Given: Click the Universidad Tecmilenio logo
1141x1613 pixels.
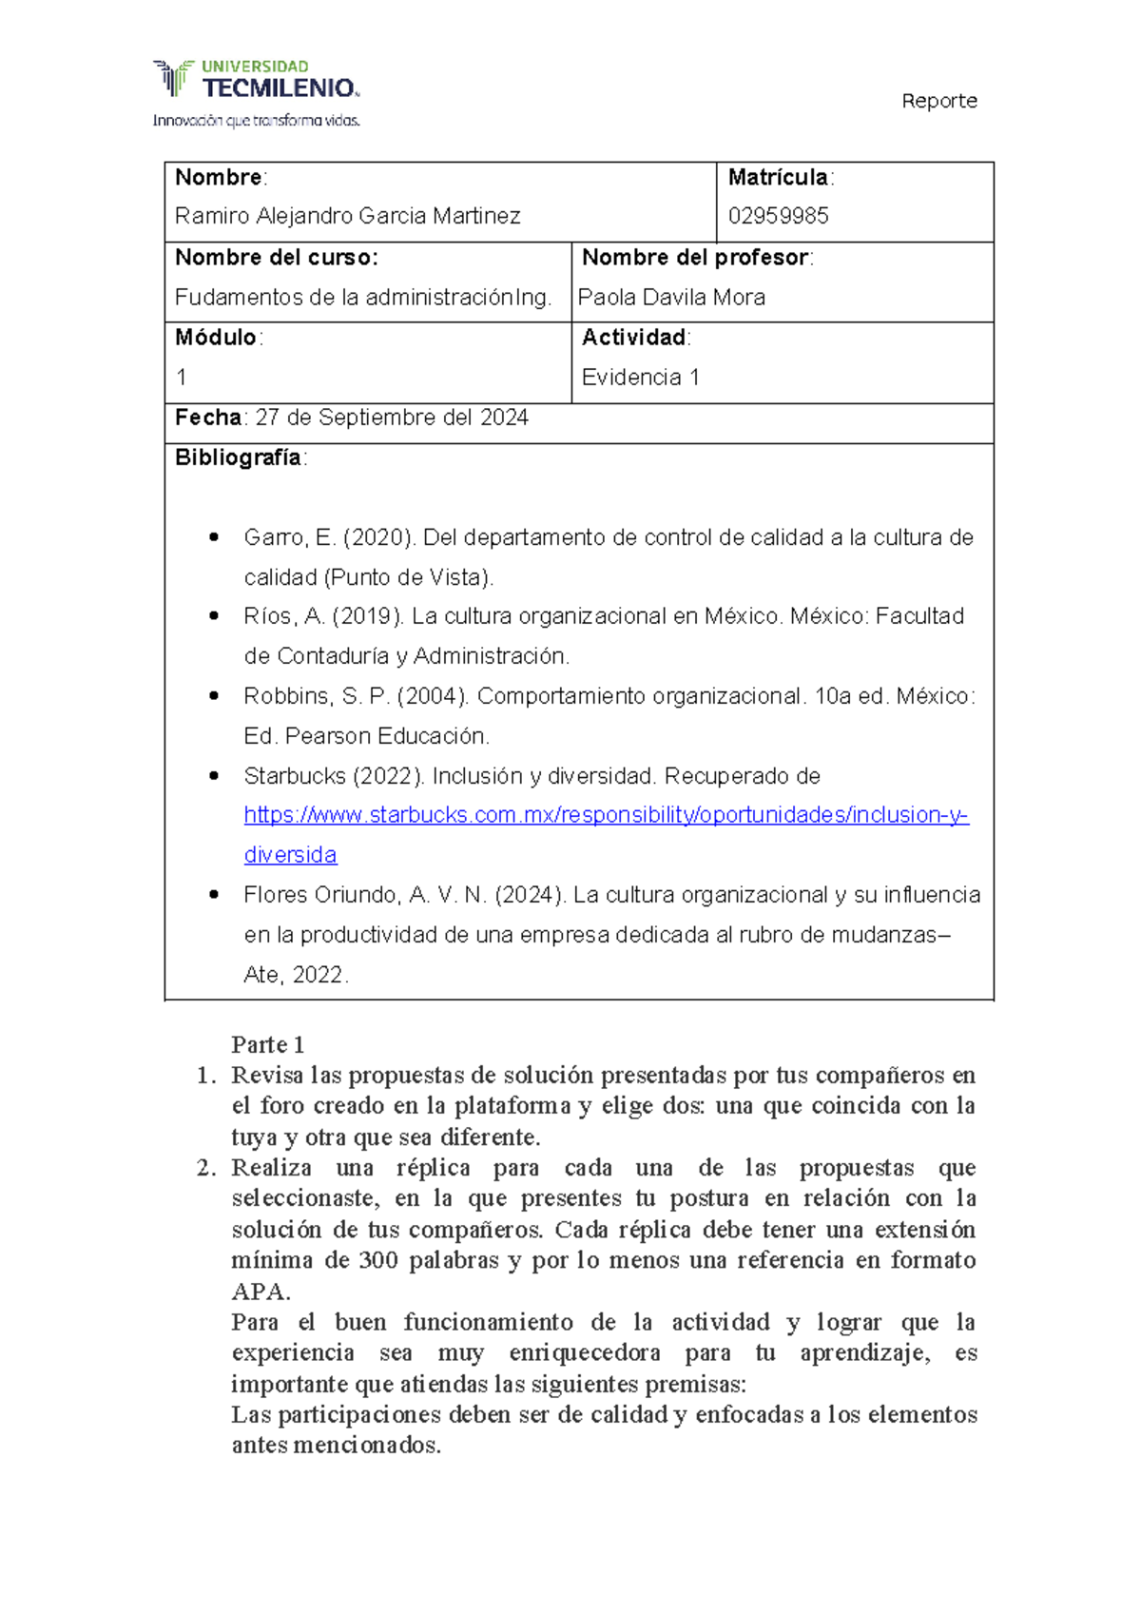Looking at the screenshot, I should pos(257,92).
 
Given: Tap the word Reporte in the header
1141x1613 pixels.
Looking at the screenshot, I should pos(938,101).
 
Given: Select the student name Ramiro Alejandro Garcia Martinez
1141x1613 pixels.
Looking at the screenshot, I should pos(347,217).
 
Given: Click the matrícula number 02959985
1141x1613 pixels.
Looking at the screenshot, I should pos(778,217).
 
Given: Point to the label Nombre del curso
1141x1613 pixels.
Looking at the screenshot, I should pos(276,258).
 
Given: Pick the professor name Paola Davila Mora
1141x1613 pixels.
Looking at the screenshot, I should pos(671,298).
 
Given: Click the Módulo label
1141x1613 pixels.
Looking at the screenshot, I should pos(216,338).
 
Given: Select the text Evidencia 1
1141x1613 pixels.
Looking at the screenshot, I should pos(640,378).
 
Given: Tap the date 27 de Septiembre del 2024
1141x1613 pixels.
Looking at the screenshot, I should pos(392,418).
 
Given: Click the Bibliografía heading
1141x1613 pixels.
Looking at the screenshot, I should pos(238,457).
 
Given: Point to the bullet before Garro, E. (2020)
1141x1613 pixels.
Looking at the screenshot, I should pos(214,537).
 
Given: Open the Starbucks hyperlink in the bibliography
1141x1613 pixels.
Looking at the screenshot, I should pos(606,816).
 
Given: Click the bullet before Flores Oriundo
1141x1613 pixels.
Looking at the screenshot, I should pos(214,895).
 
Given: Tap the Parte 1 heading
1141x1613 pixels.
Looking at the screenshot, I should pos(267,1045).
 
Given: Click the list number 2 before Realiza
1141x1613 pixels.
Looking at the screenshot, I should pos(206,1168).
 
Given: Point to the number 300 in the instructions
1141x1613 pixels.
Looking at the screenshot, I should pos(378,1261).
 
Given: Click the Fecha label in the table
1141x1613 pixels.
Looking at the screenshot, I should pos(208,418).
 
